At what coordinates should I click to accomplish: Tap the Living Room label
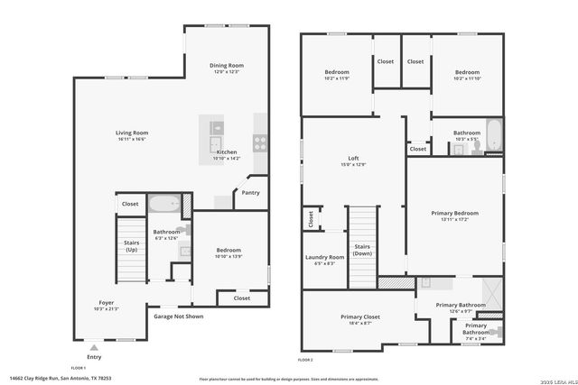[x=132, y=133]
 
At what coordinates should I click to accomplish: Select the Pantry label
[x=250, y=192]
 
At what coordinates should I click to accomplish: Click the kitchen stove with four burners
[x=260, y=140]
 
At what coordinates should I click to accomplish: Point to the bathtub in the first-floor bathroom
[x=164, y=204]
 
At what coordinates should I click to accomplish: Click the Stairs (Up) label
[x=131, y=245]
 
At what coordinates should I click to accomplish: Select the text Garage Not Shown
[x=178, y=316]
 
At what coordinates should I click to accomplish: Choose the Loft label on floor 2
[x=354, y=159]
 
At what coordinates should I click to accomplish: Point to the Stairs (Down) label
[x=362, y=250]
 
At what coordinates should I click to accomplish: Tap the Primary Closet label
[x=359, y=316]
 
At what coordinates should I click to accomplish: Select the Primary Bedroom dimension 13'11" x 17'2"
[x=454, y=219]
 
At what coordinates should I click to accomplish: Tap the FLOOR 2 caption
[x=305, y=360]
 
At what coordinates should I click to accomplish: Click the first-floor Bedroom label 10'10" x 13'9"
[x=228, y=257]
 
